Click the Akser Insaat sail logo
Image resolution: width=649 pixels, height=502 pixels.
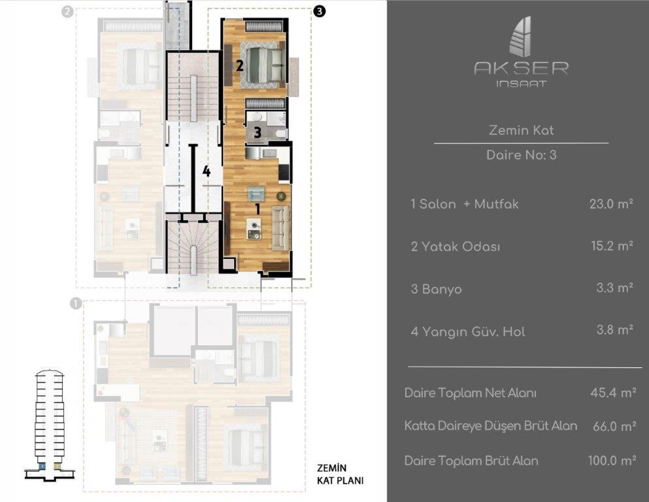point(521,37)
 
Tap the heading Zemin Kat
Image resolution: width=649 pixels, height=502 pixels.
point(521,130)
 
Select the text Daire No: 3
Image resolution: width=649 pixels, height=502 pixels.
point(521,155)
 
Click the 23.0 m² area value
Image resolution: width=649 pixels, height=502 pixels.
point(611,204)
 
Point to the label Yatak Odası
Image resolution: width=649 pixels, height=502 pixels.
point(461,246)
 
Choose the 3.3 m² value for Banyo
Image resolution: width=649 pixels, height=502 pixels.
point(614,288)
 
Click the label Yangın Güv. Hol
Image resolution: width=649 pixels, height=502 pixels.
point(473,332)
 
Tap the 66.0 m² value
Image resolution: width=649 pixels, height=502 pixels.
point(614,426)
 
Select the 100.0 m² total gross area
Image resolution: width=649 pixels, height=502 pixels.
point(612,461)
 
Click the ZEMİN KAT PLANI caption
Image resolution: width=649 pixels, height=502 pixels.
point(341,475)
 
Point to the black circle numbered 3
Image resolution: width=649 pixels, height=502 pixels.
point(319,11)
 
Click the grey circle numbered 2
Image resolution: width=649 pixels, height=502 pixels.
point(67,12)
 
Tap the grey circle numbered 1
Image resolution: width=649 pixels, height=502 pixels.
point(76,304)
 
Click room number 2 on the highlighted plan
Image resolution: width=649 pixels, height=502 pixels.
point(239,65)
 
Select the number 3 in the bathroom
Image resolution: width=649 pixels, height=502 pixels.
point(258,133)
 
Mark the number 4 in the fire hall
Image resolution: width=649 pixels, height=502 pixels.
point(207,171)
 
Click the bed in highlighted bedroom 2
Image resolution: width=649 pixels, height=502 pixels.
point(263,65)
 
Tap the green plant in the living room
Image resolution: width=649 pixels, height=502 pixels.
point(281,195)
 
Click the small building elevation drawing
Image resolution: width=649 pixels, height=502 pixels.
point(50,425)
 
